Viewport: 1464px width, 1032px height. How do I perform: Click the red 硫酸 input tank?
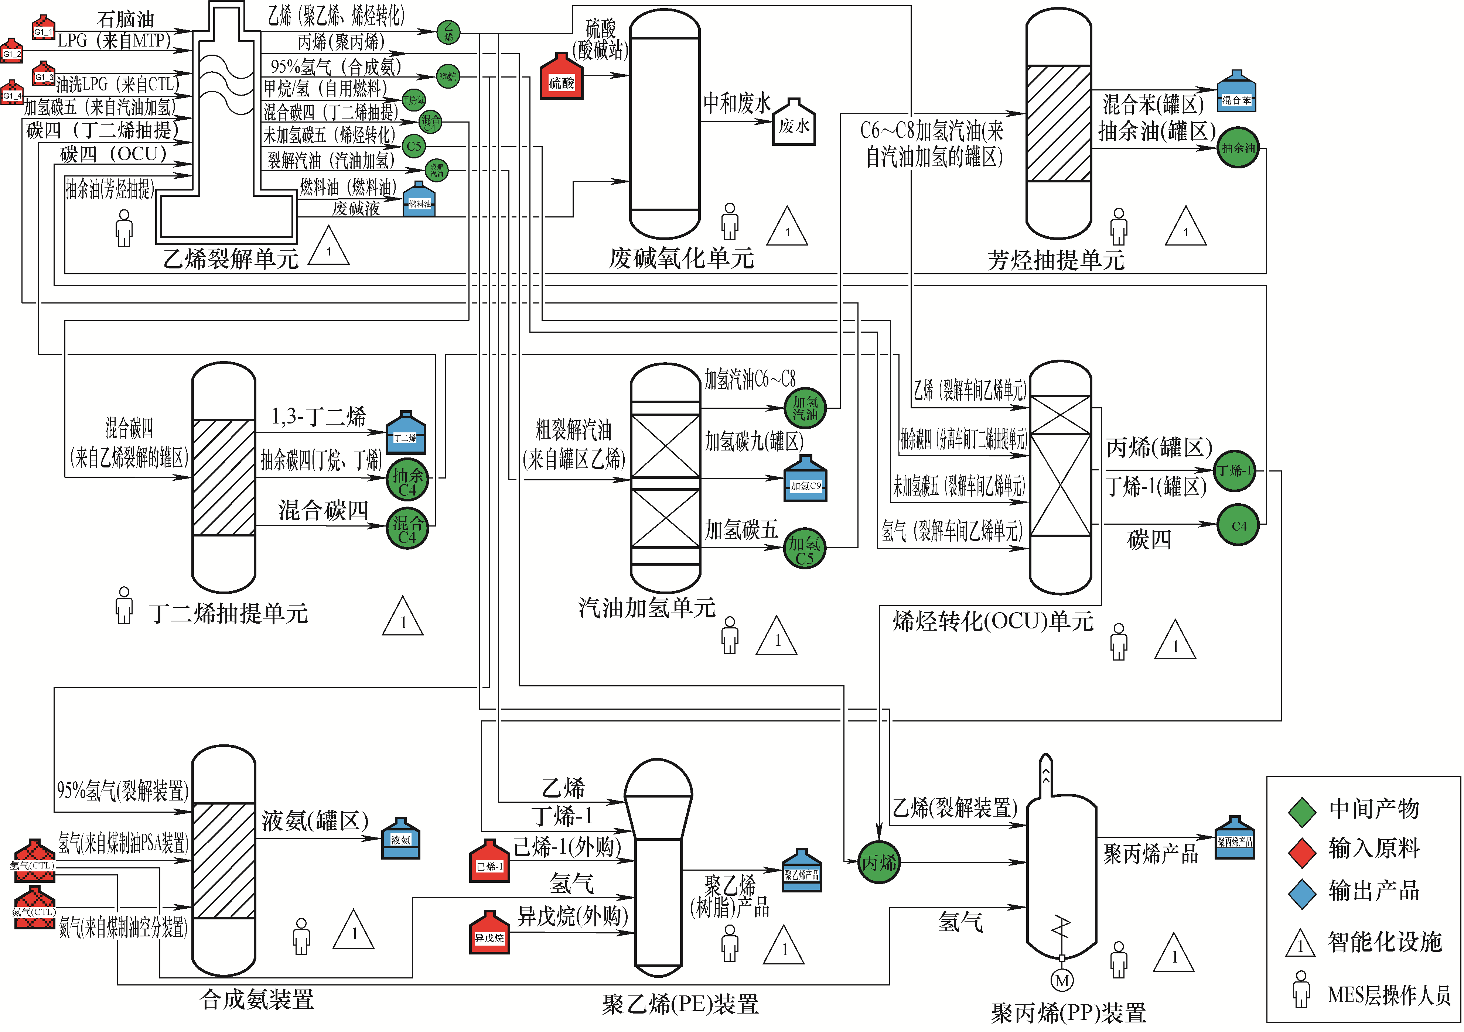[x=561, y=78]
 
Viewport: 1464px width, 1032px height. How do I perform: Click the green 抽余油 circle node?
[x=1237, y=148]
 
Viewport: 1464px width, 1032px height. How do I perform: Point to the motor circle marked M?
[x=1062, y=980]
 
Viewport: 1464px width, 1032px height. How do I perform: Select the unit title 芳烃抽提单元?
[x=1055, y=260]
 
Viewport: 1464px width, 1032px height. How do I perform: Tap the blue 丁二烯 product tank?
[x=406, y=433]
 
